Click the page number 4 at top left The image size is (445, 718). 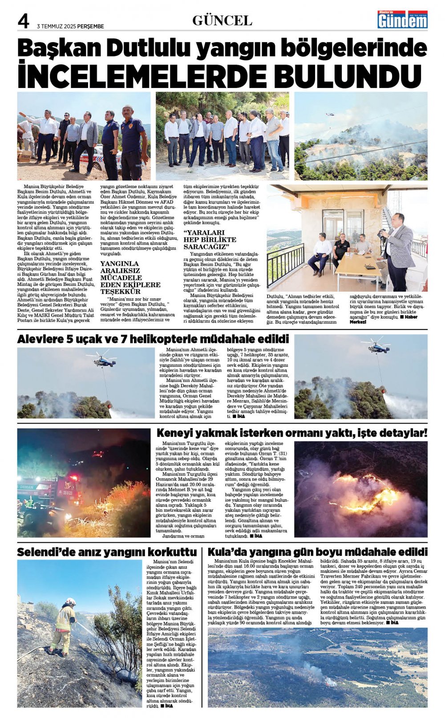[23, 21]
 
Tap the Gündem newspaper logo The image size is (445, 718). [402, 20]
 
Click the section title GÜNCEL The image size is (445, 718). [222, 20]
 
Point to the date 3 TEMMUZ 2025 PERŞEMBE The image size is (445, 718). [70, 26]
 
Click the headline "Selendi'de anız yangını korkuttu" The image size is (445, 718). [107, 552]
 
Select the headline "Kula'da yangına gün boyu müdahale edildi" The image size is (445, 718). [317, 552]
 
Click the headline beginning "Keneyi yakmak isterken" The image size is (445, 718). [291, 433]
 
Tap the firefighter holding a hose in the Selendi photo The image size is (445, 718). [63, 625]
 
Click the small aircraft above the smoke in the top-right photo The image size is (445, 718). [330, 114]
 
